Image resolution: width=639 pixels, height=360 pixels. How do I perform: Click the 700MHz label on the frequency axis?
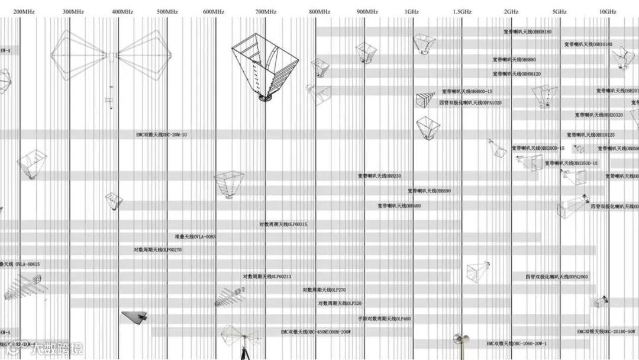266,12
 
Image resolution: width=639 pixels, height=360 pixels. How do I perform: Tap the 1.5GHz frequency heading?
463,12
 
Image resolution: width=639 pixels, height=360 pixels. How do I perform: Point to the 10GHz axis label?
607,12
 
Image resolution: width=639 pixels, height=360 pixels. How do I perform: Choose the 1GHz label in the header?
412,12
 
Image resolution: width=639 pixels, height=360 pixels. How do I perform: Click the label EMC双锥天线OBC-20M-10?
162,135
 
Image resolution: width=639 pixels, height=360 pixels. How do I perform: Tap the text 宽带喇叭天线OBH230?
379,176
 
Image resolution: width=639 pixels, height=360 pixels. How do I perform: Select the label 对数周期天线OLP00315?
283,224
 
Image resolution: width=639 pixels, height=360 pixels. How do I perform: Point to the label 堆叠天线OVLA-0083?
195,237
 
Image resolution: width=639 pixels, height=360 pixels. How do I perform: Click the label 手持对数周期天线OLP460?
384,319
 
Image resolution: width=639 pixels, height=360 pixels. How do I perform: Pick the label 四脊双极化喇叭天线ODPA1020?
470,102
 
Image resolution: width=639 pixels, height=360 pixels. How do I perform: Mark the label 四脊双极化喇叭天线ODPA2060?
557,277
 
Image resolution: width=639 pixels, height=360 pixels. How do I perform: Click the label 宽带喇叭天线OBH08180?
527,31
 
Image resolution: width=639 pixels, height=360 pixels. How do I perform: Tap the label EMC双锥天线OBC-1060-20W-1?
517,343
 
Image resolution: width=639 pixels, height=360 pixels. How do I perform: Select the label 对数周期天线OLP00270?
157,250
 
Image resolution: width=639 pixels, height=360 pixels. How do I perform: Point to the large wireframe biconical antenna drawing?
110,57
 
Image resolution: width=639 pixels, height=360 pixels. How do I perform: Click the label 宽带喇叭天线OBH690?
429,191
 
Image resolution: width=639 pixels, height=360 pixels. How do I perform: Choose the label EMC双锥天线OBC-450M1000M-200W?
316,332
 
